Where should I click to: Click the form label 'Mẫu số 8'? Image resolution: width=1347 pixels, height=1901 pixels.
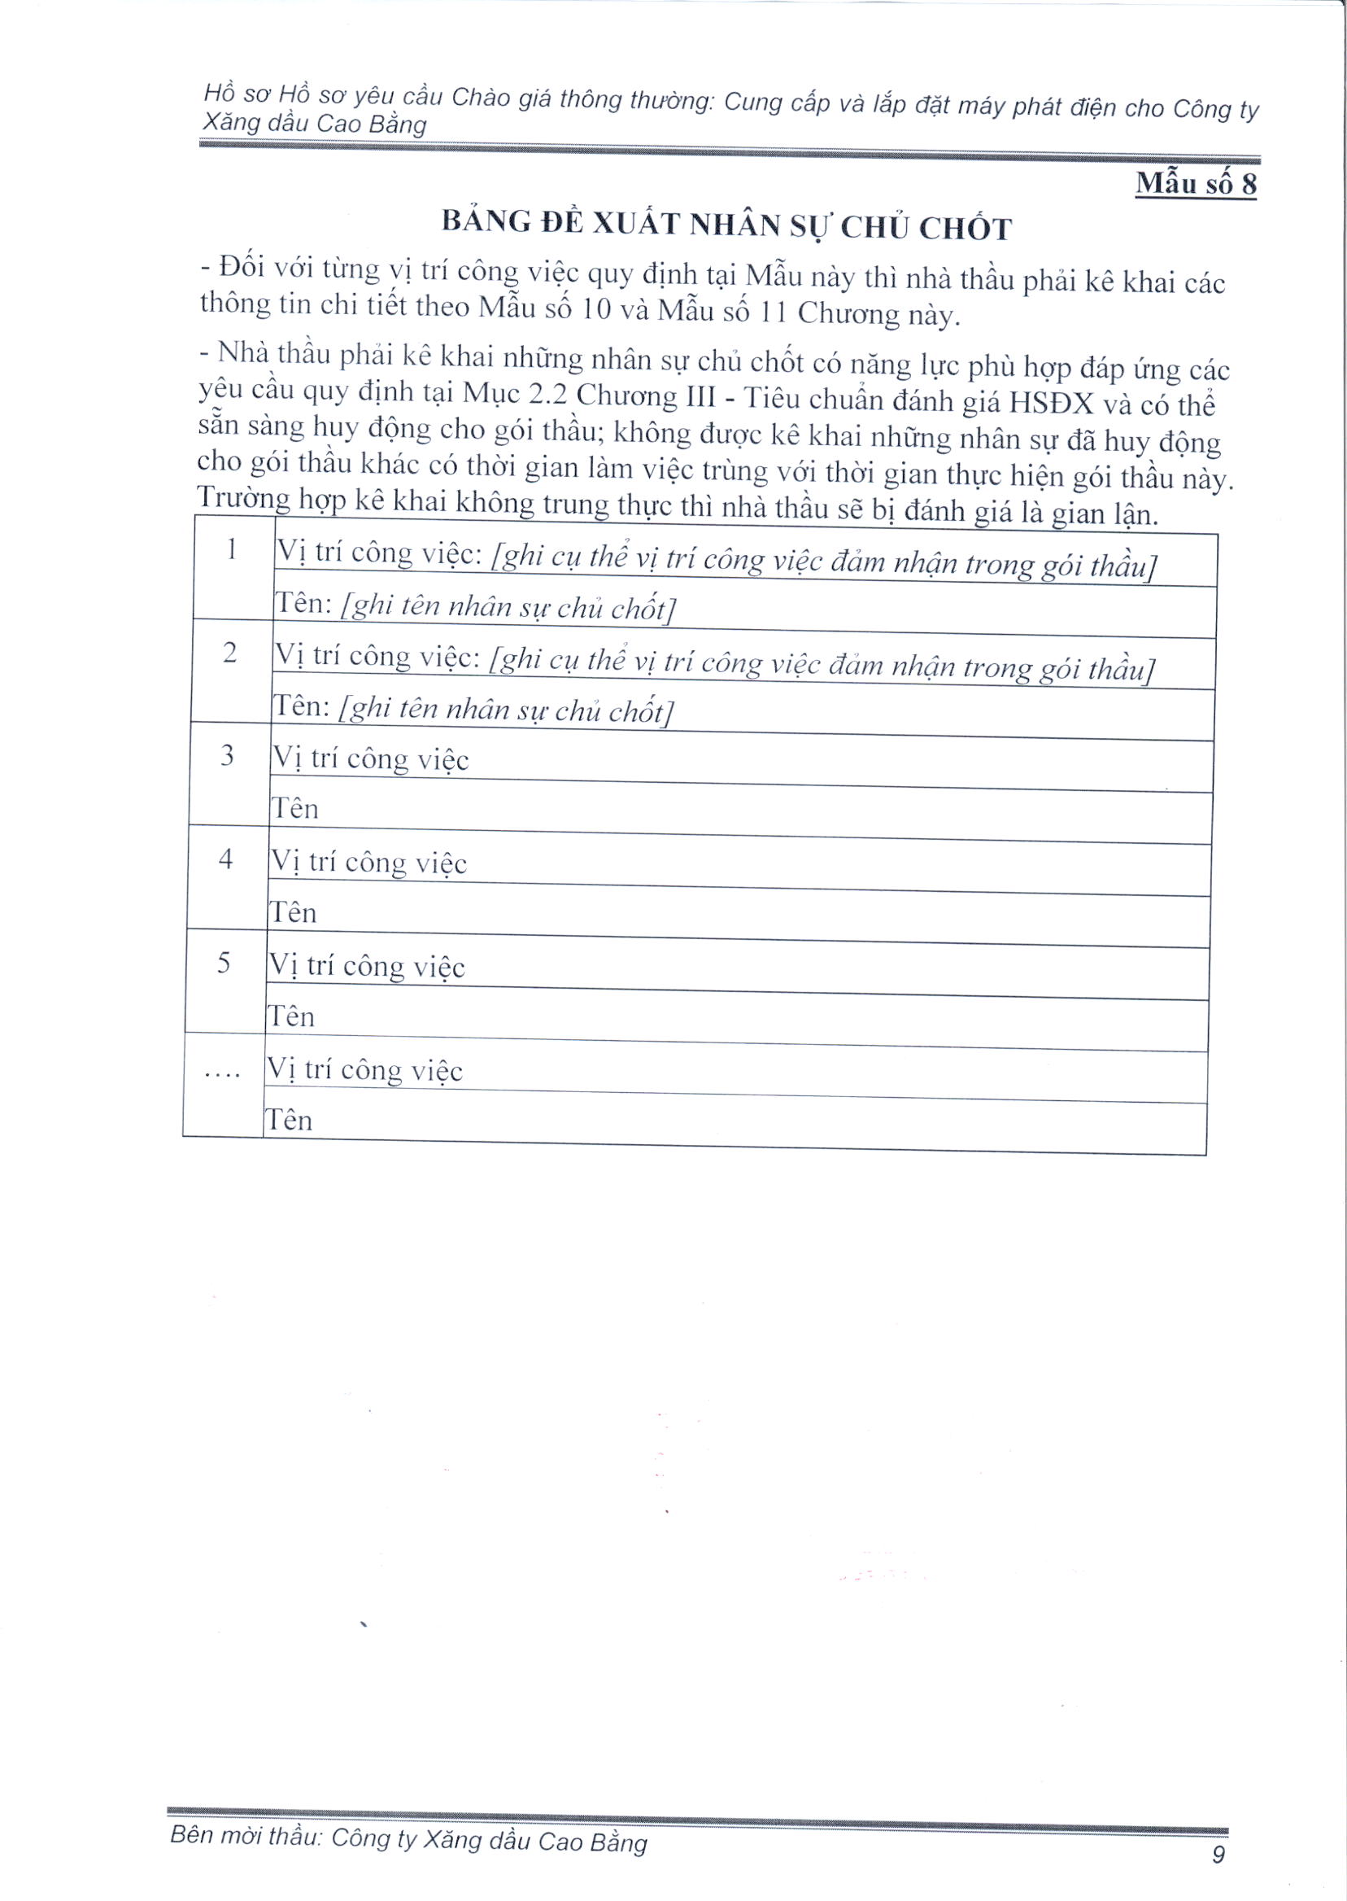point(1195,182)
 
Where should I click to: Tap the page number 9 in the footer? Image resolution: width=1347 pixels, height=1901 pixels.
point(1218,1854)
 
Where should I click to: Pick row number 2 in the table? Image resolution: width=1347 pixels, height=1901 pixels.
point(229,653)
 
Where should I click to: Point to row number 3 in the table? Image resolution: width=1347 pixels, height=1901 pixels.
point(227,756)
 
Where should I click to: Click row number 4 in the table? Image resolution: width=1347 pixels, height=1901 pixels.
point(225,859)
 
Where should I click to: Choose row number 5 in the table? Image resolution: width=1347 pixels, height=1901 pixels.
point(223,964)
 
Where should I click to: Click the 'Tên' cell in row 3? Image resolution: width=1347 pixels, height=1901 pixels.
point(295,808)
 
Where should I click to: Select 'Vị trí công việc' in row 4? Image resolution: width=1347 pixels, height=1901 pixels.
point(368,863)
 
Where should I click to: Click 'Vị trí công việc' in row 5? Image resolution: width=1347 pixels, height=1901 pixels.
point(366,967)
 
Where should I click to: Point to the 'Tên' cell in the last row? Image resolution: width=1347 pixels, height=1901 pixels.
point(289,1121)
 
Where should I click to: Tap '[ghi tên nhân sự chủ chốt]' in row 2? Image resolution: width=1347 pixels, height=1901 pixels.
point(506,711)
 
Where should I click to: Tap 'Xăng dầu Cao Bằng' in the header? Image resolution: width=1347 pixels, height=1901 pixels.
point(315,124)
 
